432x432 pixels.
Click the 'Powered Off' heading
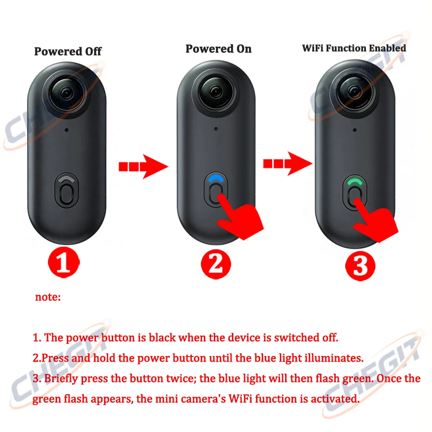click(68, 51)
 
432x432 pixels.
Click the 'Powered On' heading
click(218, 49)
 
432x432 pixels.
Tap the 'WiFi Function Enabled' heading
click(354, 48)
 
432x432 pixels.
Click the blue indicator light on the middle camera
click(216, 178)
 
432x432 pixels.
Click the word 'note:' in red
click(48, 297)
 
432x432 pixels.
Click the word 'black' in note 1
click(162, 337)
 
